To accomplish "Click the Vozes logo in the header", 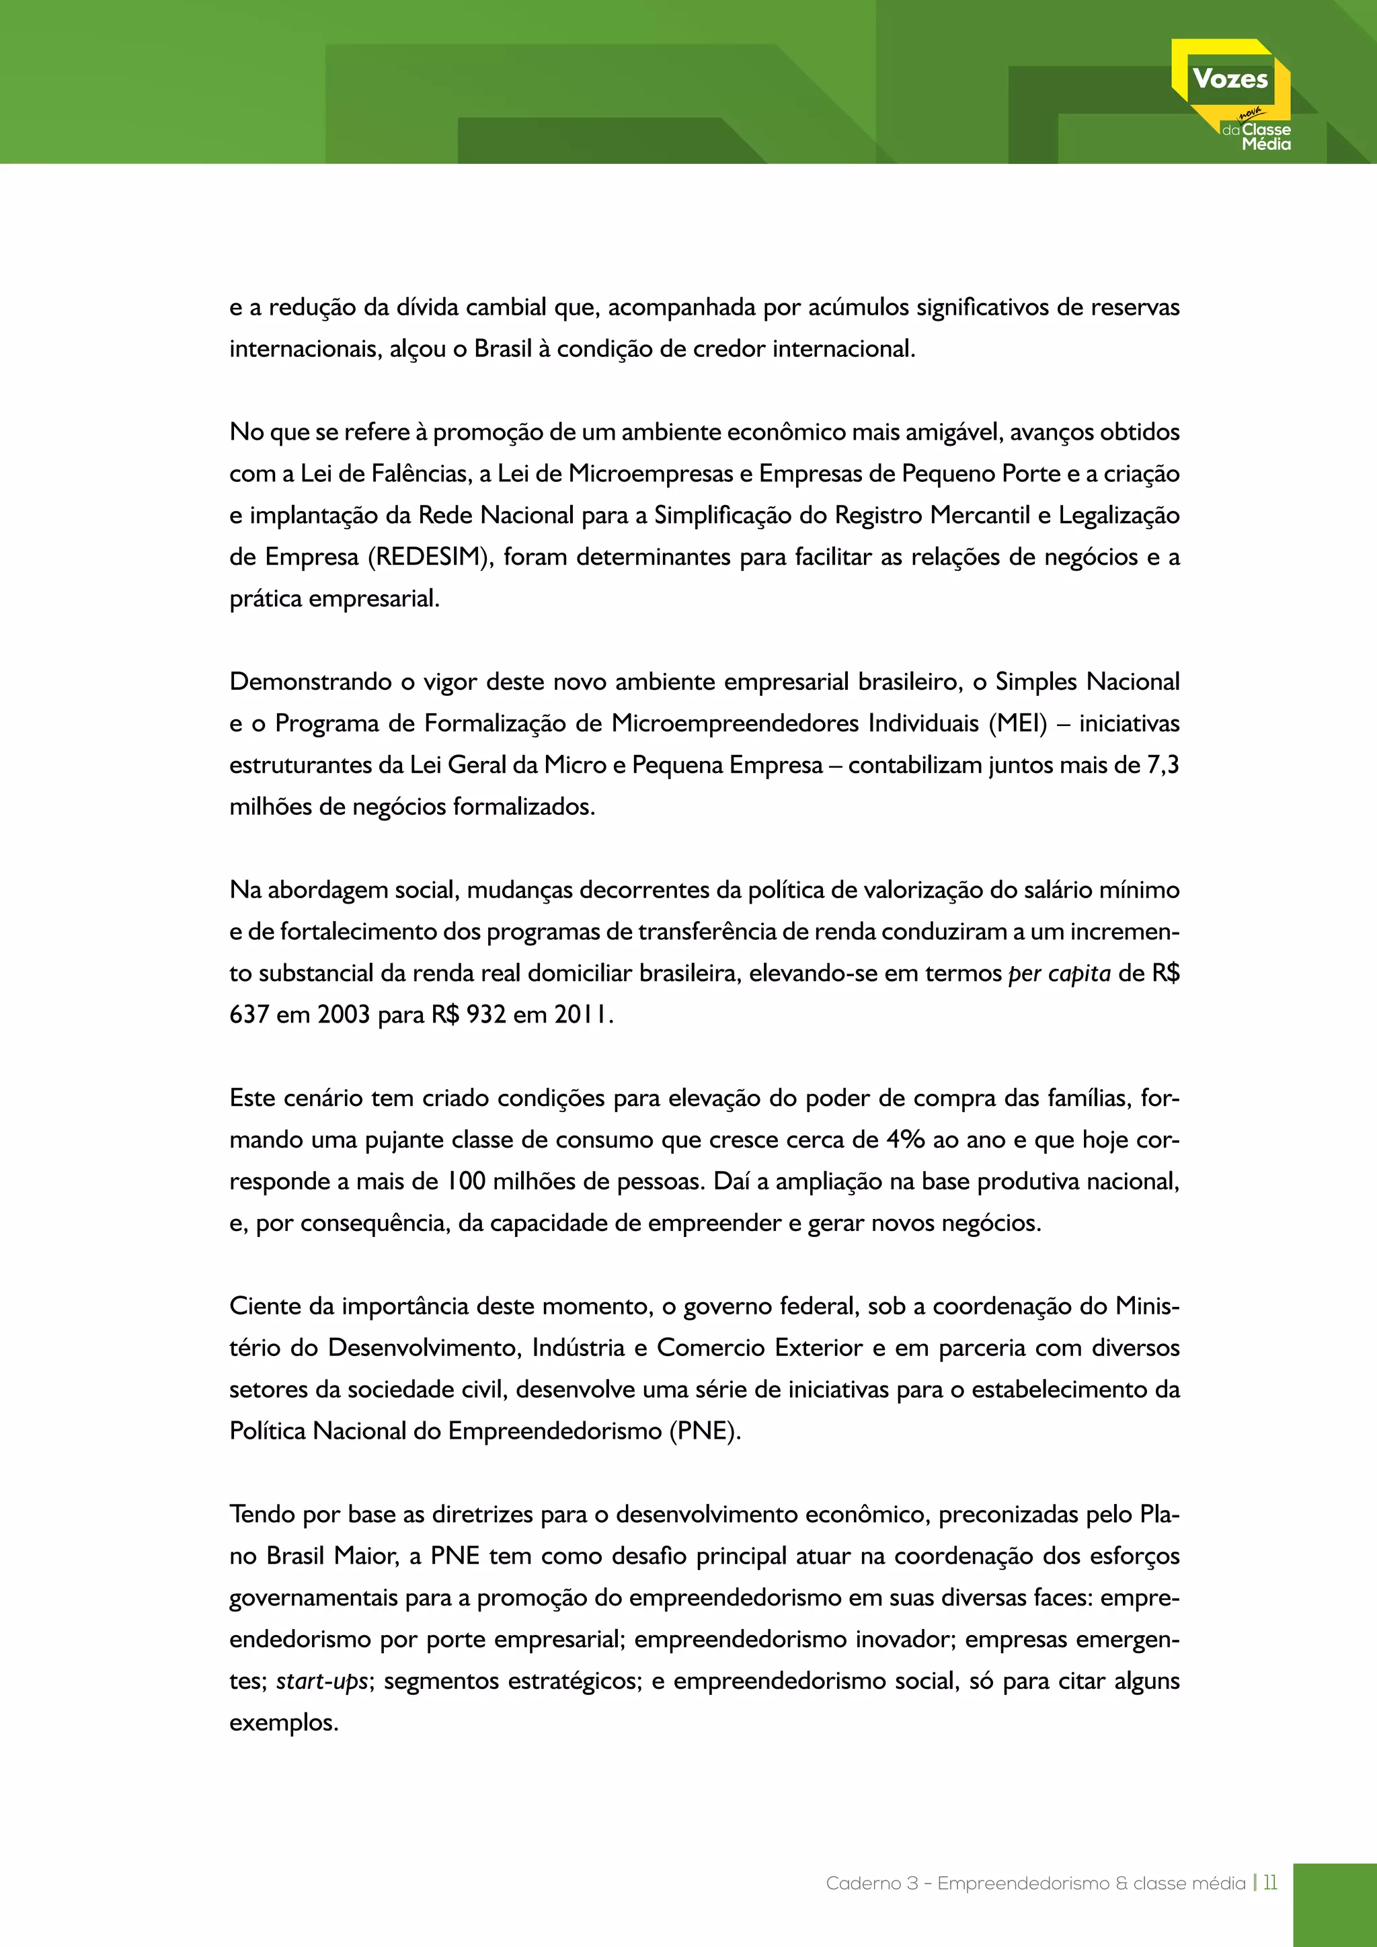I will (x=1231, y=93).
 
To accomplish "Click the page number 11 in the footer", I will (x=1269, y=1883).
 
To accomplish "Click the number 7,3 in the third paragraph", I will (x=1163, y=765).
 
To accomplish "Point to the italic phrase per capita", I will (x=1059, y=973).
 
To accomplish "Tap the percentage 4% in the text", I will (x=905, y=1140).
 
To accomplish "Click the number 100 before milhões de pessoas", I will (x=465, y=1181).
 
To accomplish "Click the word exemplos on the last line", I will (x=283, y=1722).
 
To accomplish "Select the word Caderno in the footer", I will (x=863, y=1883).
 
